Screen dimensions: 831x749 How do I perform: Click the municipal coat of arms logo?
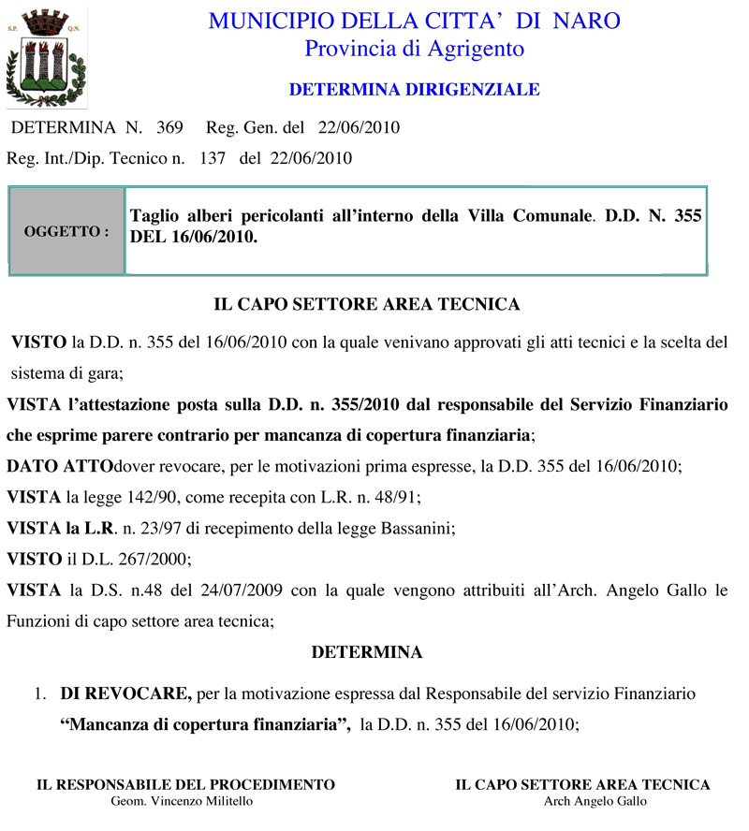point(47,56)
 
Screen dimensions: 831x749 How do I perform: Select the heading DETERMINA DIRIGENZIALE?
point(415,90)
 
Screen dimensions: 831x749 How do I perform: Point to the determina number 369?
point(169,127)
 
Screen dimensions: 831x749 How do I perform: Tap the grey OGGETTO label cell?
point(66,230)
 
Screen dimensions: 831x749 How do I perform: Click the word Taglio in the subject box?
point(153,216)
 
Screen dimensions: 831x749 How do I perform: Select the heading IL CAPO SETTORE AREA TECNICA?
point(367,304)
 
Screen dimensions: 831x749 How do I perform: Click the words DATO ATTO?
point(60,466)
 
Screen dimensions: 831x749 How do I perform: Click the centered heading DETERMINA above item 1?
point(367,651)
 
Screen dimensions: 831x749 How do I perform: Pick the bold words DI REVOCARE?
point(126,693)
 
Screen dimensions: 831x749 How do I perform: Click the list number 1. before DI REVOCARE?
point(40,694)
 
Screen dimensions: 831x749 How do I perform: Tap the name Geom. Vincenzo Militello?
point(182,801)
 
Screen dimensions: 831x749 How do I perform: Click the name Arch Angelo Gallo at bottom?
point(595,801)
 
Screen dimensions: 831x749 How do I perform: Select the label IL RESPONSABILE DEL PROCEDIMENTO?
point(185,784)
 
